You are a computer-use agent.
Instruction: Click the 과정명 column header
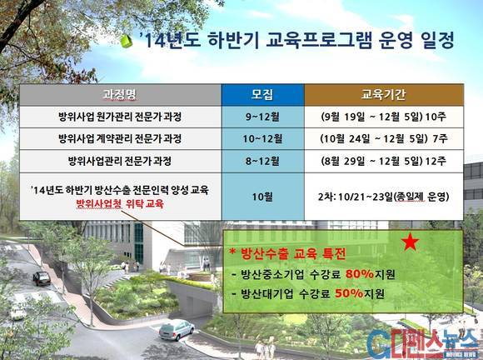coord(120,95)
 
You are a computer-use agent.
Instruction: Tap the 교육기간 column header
coord(384,95)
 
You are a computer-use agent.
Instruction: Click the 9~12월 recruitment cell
coord(263,117)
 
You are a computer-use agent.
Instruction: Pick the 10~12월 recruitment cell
coord(263,139)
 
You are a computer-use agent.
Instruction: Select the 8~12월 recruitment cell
coord(263,161)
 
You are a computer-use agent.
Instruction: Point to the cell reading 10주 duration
coord(384,117)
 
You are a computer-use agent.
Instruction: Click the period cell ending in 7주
coord(384,139)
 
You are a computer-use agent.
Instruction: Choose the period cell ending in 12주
coord(384,161)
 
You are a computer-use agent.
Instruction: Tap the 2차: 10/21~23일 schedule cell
coord(384,197)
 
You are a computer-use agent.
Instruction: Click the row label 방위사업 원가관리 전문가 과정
coord(120,117)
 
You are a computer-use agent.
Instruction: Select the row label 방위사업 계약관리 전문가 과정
coord(120,139)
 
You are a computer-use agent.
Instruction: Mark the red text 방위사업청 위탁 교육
coord(120,204)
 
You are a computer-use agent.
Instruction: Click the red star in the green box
coord(411,242)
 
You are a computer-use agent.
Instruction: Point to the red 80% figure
coord(360,273)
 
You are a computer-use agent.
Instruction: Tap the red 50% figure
coord(349,293)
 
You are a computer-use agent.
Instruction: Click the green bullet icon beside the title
coord(126,42)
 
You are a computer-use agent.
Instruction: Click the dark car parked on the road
coord(42,278)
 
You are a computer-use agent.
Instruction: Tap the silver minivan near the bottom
coord(177,330)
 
